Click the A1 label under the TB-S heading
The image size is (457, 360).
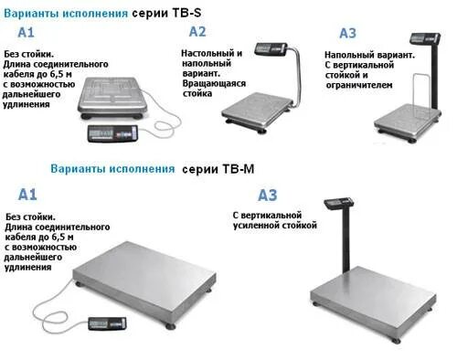click(26, 33)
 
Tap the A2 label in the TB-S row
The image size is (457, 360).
click(197, 31)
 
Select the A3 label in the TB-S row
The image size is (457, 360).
click(347, 34)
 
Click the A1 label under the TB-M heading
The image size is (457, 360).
click(27, 194)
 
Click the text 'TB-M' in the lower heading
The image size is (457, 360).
click(228, 169)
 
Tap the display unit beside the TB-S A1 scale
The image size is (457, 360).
click(112, 133)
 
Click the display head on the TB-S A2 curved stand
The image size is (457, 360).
click(271, 47)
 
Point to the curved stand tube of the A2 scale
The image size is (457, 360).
click(296, 78)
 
